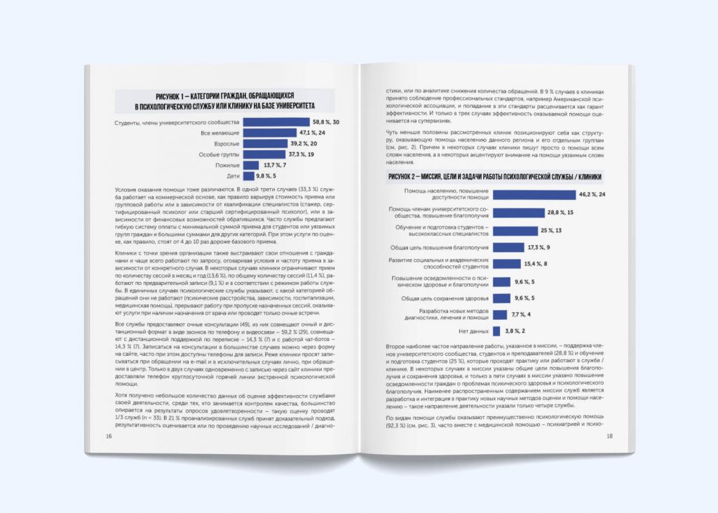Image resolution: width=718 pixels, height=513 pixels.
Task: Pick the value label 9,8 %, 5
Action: click(270, 175)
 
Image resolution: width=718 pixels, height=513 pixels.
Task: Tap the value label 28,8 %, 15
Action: click(561, 212)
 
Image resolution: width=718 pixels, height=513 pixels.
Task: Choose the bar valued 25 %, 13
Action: click(515, 230)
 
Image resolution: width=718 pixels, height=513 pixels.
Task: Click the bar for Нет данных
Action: click(496, 331)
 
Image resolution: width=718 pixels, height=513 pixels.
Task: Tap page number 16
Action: click(109, 436)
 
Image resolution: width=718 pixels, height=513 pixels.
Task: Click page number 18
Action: click(609, 436)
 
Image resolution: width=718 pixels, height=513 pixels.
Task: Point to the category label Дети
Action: click(233, 175)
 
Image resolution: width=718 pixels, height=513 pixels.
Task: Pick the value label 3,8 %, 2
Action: click(516, 331)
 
